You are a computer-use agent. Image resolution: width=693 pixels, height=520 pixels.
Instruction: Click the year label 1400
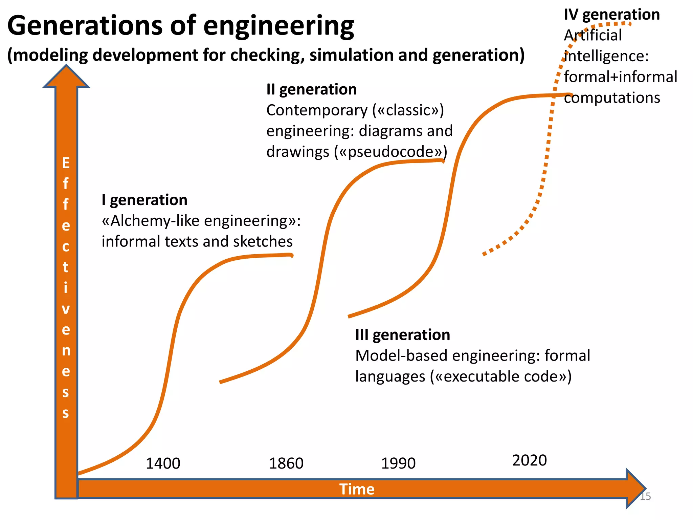(163, 463)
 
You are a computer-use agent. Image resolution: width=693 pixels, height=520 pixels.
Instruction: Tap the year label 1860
(286, 463)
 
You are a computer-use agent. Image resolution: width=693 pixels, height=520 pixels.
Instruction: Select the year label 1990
(398, 463)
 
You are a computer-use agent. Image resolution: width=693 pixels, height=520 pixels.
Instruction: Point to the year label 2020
(530, 460)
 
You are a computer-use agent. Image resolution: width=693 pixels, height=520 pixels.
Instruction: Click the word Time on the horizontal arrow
(357, 489)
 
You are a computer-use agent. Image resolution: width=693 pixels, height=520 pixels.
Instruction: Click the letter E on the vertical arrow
(66, 163)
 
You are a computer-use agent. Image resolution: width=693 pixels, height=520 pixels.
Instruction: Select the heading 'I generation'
(144, 200)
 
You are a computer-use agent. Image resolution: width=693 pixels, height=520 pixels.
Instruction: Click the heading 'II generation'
(311, 89)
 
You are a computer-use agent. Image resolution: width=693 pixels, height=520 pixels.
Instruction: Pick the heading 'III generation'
(403, 335)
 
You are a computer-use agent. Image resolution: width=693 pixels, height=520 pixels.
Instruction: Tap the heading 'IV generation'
(612, 15)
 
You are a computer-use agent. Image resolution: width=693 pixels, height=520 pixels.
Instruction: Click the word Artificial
(593, 35)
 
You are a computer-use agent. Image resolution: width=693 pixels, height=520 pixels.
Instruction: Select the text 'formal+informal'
(621, 77)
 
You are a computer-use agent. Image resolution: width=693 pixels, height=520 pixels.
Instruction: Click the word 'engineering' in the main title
(278, 26)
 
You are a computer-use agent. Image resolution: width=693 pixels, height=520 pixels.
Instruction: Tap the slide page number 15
(645, 496)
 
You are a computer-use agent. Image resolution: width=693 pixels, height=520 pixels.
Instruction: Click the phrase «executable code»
(500, 376)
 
